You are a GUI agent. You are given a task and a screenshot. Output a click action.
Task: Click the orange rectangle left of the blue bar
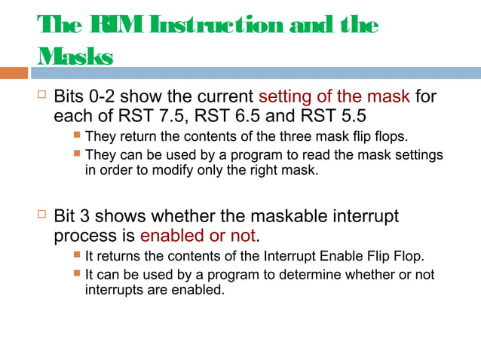pos(14,73)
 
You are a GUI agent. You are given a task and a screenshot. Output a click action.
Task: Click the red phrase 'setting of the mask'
pos(334,97)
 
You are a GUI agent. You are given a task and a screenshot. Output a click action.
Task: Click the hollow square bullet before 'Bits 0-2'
pos(41,96)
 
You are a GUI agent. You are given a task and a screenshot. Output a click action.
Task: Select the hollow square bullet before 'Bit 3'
pos(41,215)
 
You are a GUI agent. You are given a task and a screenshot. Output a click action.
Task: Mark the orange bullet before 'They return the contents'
pos(76,137)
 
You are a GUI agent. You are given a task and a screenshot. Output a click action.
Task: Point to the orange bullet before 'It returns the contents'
pos(76,256)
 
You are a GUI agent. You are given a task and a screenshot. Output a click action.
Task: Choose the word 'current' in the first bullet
pos(216,97)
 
